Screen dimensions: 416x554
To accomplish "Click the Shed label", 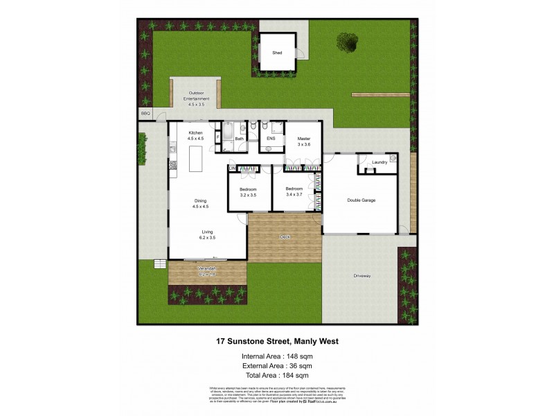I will (277, 52).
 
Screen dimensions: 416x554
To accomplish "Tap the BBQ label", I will (145, 113).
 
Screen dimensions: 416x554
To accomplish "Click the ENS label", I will (271, 139).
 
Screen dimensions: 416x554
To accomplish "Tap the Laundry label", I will (379, 162).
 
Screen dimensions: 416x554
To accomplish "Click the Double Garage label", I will (361, 200).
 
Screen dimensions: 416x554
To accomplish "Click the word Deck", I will (285, 237).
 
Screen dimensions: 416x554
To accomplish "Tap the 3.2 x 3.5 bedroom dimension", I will (248, 195).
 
